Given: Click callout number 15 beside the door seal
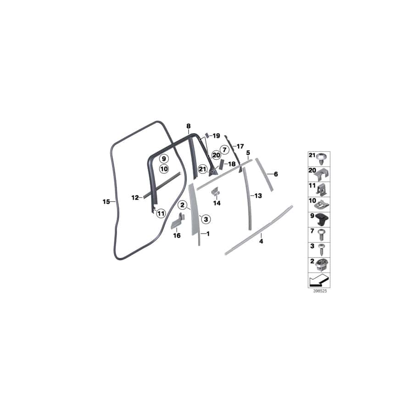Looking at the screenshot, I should (x=106, y=201).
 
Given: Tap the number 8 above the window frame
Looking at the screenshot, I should (x=188, y=126).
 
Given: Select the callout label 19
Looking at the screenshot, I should (x=217, y=136).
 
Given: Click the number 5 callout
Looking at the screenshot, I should (x=248, y=152).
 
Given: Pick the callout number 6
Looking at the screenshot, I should (x=276, y=174).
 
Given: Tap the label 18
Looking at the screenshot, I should (x=232, y=164).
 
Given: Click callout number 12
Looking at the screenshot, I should (x=135, y=198).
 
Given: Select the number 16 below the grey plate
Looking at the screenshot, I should (x=177, y=236).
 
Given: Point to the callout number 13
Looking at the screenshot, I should (x=258, y=195).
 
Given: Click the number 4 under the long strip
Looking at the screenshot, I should (x=261, y=240).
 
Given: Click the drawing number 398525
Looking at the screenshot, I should (x=314, y=291).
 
